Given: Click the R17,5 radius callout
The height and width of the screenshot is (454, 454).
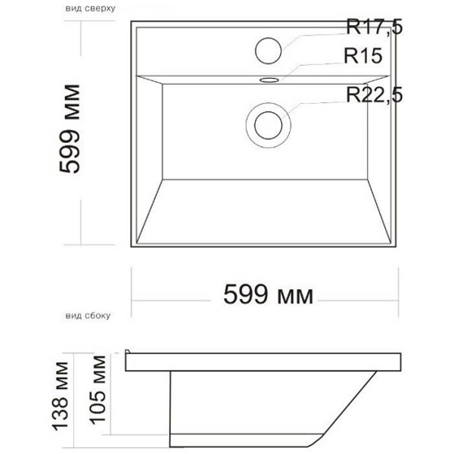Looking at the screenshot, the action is point(374,27).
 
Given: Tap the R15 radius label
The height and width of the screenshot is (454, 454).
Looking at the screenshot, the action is point(362,55).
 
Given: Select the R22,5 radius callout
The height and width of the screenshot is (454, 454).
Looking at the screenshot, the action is point(374,95).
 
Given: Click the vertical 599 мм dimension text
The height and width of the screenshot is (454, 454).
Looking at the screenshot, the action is point(70,129).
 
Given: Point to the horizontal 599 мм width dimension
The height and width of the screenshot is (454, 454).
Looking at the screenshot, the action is point(268,295).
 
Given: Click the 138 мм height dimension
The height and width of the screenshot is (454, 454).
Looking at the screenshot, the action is point(61,396).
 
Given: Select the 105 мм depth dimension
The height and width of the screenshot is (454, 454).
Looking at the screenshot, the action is point(98,390).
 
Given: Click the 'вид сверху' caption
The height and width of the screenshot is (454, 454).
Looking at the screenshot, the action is point(90,8).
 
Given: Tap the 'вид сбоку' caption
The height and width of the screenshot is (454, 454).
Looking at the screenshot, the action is point(88,316).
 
